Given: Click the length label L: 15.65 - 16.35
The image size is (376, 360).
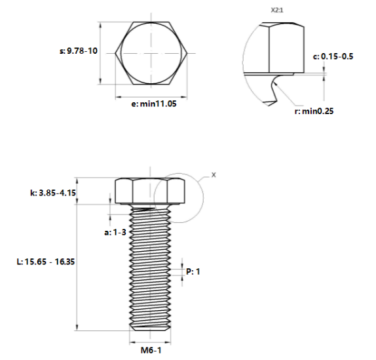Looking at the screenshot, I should (46, 261).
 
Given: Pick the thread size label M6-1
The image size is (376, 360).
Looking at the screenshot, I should (151, 350).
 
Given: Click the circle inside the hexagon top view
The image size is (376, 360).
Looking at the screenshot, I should (151, 52).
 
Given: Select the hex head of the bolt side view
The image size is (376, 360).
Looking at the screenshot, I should (151, 190).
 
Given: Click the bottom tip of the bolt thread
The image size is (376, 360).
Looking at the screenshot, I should (151, 329).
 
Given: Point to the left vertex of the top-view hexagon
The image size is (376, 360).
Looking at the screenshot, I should (116, 52).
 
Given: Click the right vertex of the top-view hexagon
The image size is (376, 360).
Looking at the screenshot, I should (188, 52).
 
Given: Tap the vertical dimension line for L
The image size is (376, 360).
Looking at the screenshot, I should (78, 262).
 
